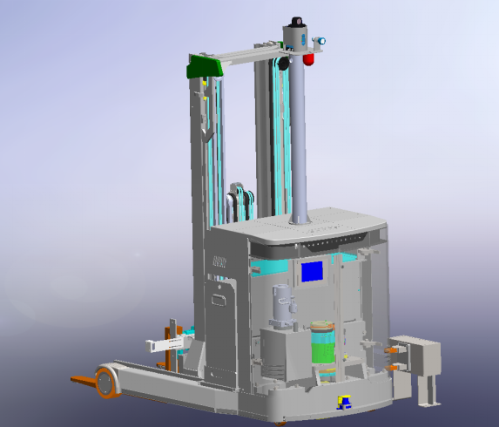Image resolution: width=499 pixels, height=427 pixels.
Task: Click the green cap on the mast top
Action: tap(205, 65)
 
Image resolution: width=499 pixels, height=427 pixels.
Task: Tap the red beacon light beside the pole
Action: tap(309, 58)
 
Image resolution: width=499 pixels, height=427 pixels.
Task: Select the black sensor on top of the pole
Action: tap(297, 20)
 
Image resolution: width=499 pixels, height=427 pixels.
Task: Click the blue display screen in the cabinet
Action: tap(313, 271)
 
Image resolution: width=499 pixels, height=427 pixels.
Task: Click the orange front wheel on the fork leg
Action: tap(105, 383)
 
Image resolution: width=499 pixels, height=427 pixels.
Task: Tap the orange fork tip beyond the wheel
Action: tap(80, 379)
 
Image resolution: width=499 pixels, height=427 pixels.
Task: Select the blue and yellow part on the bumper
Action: tap(343, 402)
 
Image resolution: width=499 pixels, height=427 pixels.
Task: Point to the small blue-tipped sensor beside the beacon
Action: tap(321, 40)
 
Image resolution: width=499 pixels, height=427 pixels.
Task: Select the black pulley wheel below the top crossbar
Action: tap(281, 64)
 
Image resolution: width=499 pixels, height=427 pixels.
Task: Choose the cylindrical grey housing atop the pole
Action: tap(297, 37)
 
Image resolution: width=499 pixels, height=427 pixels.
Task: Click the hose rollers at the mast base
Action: tap(240, 202)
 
